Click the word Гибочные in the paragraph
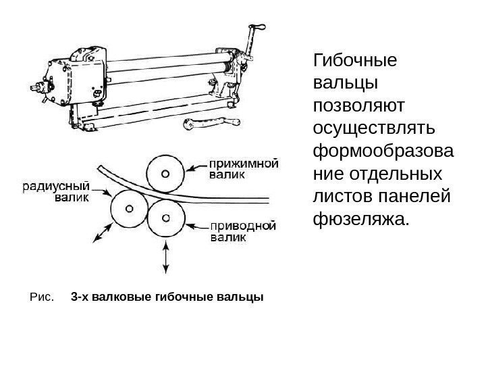pyautogui.click(x=355, y=62)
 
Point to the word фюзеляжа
pyautogui.click(x=362, y=219)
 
